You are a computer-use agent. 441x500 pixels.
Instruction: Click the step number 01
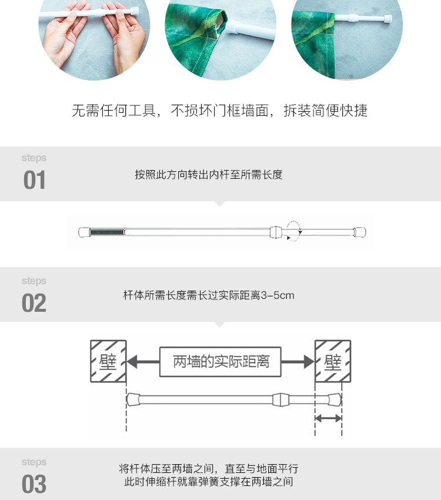(34, 180)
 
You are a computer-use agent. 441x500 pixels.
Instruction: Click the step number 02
(34, 303)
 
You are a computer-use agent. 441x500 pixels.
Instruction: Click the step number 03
(34, 484)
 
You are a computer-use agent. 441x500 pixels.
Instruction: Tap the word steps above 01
(34, 158)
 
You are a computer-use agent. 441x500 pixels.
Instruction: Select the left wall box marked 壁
(108, 361)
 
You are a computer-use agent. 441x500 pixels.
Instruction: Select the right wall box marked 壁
(333, 361)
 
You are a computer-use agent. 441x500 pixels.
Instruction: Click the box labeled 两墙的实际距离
(220, 362)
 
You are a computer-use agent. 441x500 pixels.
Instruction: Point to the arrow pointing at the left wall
(143, 362)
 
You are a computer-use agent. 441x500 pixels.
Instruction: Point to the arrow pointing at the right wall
(298, 362)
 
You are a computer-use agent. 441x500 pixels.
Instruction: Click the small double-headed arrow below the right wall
(329, 418)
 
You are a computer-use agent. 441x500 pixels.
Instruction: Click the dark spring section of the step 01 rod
(106, 232)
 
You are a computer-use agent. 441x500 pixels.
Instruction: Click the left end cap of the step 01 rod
(84, 232)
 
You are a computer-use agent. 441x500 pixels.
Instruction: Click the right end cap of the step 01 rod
(360, 232)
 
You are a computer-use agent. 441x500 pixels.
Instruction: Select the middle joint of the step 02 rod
(280, 399)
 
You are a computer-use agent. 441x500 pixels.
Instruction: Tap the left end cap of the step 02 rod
(133, 399)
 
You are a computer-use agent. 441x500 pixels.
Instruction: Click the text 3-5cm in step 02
(278, 295)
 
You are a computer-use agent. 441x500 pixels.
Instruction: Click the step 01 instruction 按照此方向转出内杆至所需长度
(209, 175)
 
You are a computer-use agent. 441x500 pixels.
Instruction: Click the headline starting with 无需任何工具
(219, 111)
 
